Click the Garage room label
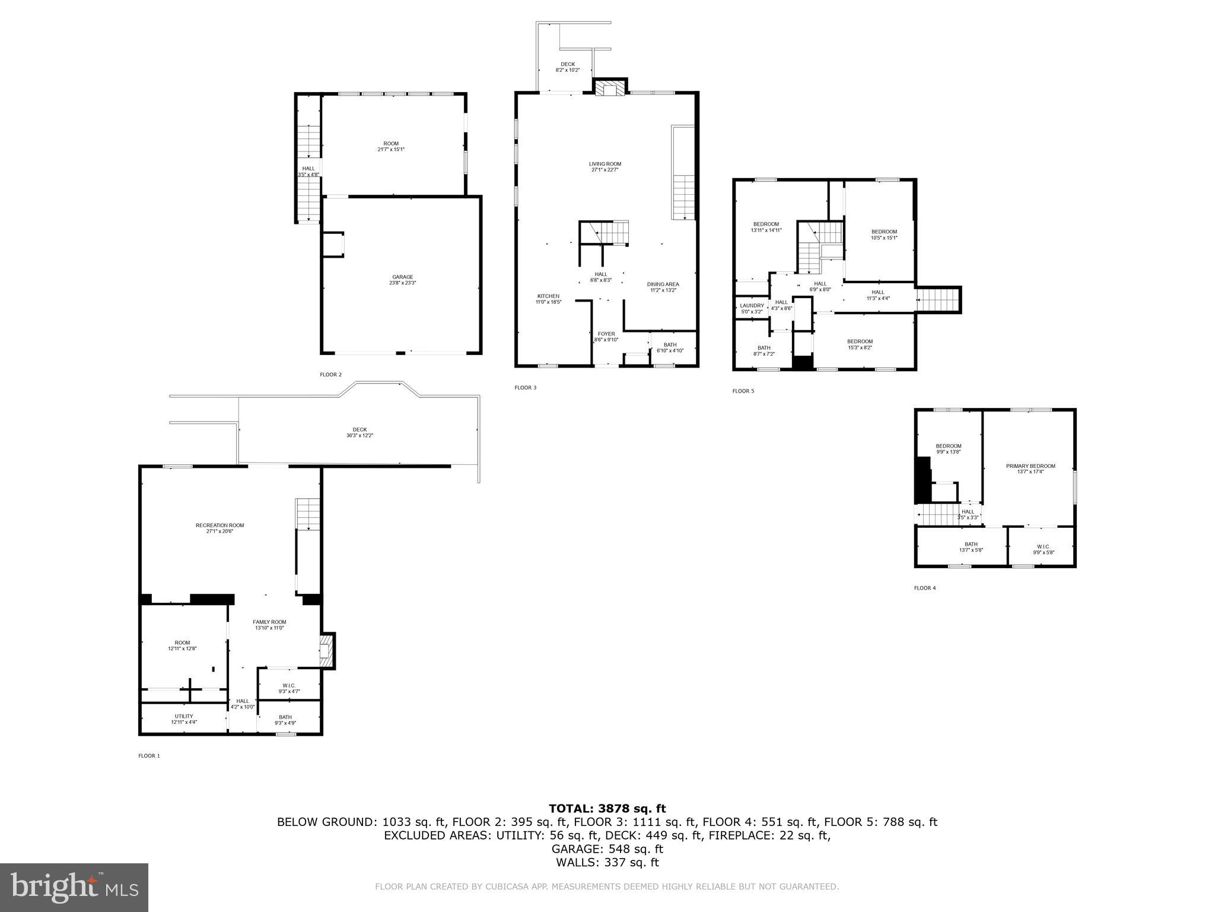[402, 280]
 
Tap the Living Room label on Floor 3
[605, 167]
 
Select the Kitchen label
[548, 299]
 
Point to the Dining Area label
[663, 287]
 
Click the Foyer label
[606, 337]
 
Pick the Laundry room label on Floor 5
[752, 308]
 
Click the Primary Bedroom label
[1030, 468]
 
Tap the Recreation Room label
[220, 528]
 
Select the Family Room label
[269, 625]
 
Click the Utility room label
[184, 718]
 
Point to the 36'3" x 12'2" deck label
[360, 432]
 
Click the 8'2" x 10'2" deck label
[567, 67]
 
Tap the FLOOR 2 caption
[330, 375]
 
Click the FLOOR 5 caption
[743, 391]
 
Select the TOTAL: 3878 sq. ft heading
[607, 808]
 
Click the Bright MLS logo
[74, 887]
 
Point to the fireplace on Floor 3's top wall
[609, 89]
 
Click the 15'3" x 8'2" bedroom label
[860, 344]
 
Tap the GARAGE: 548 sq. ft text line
[607, 849]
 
